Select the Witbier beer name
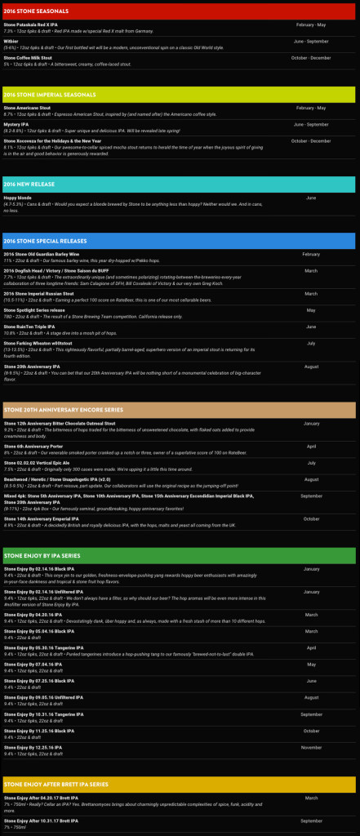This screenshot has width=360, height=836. [x=11, y=41]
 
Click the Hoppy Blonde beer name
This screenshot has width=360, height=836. [x=17, y=198]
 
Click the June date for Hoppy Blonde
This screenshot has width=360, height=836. [x=311, y=198]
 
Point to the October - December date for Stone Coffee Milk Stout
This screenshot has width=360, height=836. [x=310, y=57]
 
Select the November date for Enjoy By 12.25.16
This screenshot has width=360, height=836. [x=311, y=748]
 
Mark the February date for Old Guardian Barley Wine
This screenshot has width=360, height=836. [x=311, y=255]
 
